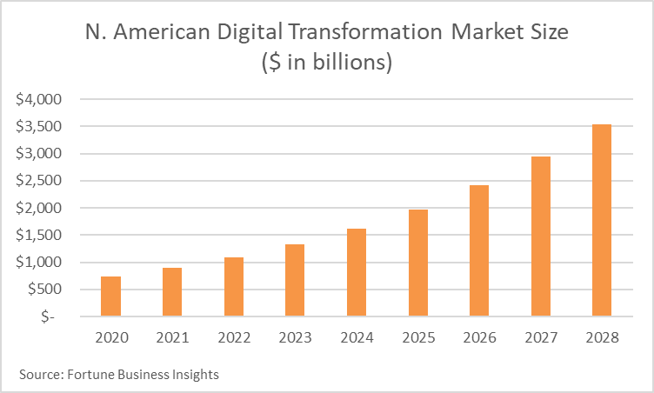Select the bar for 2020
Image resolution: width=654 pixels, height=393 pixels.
coord(111,296)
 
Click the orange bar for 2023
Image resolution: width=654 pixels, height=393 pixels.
coord(295,280)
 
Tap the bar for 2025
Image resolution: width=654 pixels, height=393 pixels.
coord(418,263)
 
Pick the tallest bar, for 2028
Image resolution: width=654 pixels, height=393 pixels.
coord(602,220)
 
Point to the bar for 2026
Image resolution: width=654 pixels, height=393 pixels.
coord(479,250)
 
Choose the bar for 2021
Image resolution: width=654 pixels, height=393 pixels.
coord(172,292)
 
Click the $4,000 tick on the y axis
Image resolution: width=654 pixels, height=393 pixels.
coord(38,99)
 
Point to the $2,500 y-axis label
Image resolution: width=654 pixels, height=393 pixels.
coord(38,181)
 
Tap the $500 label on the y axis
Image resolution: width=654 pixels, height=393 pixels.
coord(44,289)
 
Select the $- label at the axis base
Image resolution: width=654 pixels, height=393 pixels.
coord(48,316)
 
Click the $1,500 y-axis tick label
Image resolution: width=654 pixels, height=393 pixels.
coord(38,235)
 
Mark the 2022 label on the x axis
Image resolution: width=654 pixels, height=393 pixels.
coord(234,337)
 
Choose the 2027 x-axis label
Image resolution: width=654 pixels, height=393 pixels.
coord(541,337)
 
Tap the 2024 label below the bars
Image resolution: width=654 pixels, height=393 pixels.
coord(357,337)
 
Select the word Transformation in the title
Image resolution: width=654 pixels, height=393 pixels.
coord(365,31)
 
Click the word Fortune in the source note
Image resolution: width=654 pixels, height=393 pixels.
coord(90,374)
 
